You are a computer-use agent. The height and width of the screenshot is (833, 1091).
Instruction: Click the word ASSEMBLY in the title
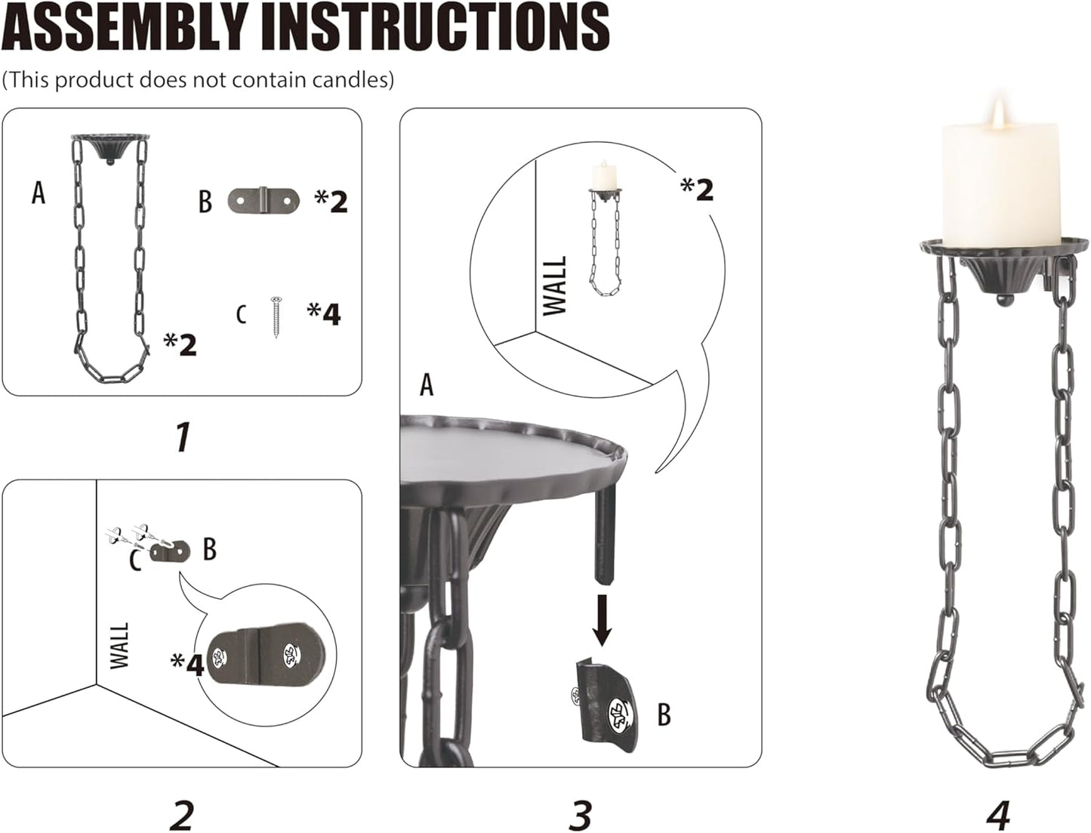[x=125, y=27]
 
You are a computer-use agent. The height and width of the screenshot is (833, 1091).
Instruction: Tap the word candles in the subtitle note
[x=355, y=79]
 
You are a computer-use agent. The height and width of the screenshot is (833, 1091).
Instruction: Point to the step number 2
[x=182, y=814]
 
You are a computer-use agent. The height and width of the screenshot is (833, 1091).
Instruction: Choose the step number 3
[x=580, y=814]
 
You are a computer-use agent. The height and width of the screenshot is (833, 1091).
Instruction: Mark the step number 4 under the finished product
[x=997, y=814]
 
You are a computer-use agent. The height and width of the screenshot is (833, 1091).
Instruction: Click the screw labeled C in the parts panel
[x=276, y=316]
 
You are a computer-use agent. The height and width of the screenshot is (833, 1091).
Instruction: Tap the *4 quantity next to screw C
[x=324, y=313]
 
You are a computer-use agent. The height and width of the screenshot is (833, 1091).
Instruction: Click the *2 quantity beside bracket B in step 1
[x=331, y=201]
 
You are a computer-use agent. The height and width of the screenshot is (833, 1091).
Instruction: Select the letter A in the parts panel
[x=39, y=193]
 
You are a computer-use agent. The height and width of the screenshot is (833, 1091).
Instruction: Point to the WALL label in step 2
[x=120, y=646]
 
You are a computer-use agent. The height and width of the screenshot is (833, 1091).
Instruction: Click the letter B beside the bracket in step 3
[x=664, y=714]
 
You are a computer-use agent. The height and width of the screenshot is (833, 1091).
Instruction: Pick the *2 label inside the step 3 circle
[x=697, y=189]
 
